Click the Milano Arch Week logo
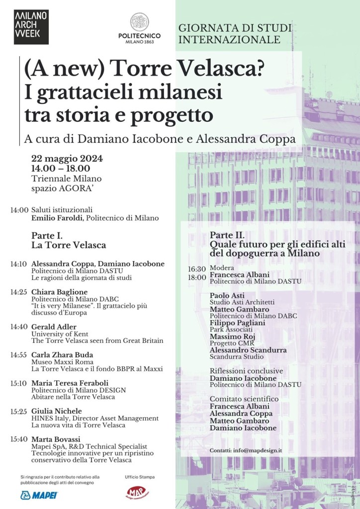coord(31,27)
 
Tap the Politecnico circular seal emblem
coord(139,22)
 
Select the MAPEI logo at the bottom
coord(39,495)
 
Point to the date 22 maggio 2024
coord(67,159)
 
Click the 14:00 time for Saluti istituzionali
coord(19,210)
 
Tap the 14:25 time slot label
coord(19,292)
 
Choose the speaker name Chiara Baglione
coord(59,292)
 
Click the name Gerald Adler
coord(53,327)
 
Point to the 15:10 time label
coord(19,383)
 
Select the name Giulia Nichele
coord(56,411)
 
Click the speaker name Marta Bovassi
coord(55,439)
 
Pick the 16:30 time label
coord(196,269)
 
